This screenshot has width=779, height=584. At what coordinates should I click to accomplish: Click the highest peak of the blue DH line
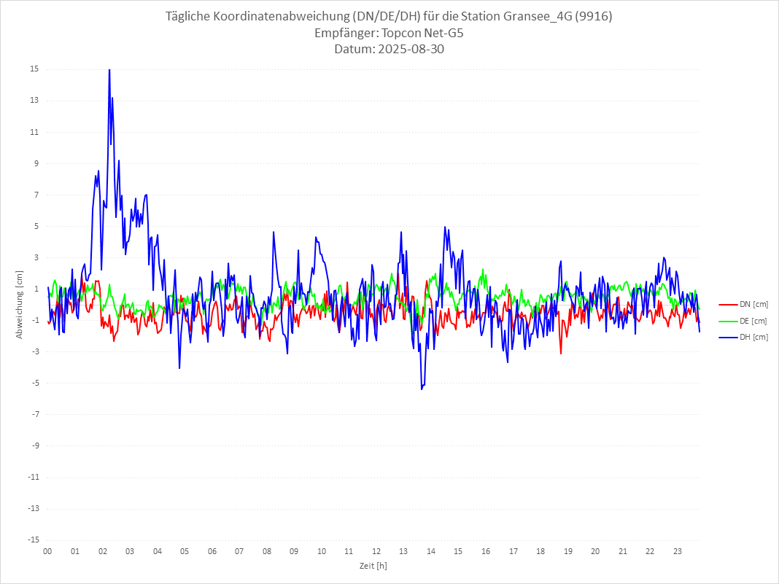pos(109,70)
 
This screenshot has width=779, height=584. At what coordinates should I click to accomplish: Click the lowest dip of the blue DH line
pos(422,389)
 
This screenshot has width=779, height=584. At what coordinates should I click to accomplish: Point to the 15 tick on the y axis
pos(34,69)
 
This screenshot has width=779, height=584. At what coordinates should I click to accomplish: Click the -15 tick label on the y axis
pos(33,540)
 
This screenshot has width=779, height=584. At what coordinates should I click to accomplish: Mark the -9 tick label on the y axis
pos(34,445)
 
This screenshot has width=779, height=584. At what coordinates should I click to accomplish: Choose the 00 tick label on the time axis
pos(47,551)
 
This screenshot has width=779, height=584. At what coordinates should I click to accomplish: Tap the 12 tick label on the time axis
pos(376,551)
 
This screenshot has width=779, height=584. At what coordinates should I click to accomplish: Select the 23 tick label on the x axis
pos(678,551)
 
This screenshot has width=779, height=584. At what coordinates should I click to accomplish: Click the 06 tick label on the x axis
pos(212,551)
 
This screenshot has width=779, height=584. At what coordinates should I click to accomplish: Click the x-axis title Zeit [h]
pos(373,566)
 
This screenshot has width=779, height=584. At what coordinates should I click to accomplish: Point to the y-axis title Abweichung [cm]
pos(20,304)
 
